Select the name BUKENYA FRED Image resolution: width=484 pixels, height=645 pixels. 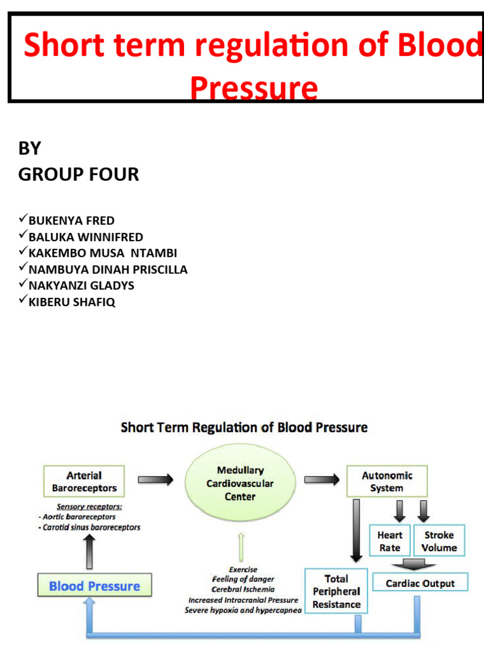click(71, 220)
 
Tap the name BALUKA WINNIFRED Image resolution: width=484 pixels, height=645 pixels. click(86, 237)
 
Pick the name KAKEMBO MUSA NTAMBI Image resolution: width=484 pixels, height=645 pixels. click(103, 253)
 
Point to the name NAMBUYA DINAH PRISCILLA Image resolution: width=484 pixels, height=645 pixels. click(108, 269)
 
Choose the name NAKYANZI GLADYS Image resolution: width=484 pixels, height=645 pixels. click(81, 285)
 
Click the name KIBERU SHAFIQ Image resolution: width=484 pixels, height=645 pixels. click(72, 302)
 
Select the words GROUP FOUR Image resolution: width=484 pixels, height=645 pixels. click(79, 174)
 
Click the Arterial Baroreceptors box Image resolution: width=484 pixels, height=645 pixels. click(84, 482)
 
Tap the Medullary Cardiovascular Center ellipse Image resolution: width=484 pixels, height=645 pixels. click(240, 483)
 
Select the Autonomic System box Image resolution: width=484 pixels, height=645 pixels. click(387, 482)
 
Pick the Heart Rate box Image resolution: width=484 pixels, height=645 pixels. click(389, 541)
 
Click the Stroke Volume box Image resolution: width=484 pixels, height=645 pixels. click(439, 541)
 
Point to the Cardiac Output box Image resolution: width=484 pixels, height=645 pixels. click(420, 583)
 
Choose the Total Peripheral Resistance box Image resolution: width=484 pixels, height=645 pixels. click(336, 591)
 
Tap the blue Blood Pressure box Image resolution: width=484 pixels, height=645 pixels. click(95, 586)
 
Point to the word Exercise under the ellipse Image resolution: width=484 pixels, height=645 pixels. click(243, 569)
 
